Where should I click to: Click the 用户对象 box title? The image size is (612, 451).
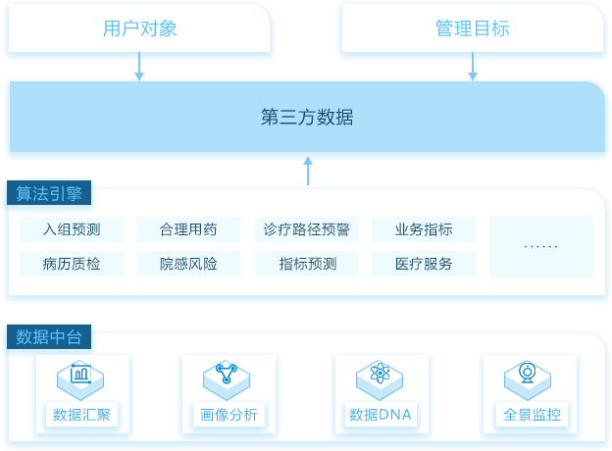click(139, 28)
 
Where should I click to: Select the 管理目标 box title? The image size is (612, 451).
click(473, 28)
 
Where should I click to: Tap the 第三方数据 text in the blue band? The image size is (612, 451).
click(307, 117)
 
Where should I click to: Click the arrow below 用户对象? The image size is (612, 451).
click(139, 67)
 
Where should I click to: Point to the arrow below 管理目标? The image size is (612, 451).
click(473, 67)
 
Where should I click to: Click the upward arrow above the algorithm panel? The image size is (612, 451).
click(308, 171)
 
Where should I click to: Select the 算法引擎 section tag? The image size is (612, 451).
click(49, 193)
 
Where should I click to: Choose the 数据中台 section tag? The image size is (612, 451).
click(49, 336)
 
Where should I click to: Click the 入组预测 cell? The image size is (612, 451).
click(72, 229)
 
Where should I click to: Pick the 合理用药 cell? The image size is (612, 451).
click(188, 229)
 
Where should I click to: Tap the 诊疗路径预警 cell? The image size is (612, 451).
click(307, 229)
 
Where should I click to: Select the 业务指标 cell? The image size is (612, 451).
click(424, 229)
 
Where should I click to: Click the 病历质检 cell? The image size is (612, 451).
click(72, 264)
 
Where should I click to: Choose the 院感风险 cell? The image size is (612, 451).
click(188, 264)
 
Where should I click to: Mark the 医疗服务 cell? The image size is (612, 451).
click(424, 264)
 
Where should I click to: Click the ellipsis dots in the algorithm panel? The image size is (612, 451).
click(541, 246)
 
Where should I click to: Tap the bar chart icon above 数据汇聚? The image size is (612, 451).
click(80, 374)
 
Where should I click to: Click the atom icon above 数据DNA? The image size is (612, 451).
click(380, 373)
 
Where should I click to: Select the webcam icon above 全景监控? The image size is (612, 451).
click(528, 373)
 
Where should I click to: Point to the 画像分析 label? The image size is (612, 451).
click(229, 415)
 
